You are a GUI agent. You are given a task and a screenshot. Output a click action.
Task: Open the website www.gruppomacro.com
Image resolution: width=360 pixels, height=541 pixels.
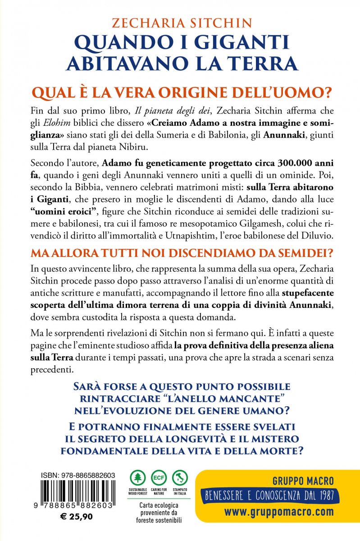point(279,512)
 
